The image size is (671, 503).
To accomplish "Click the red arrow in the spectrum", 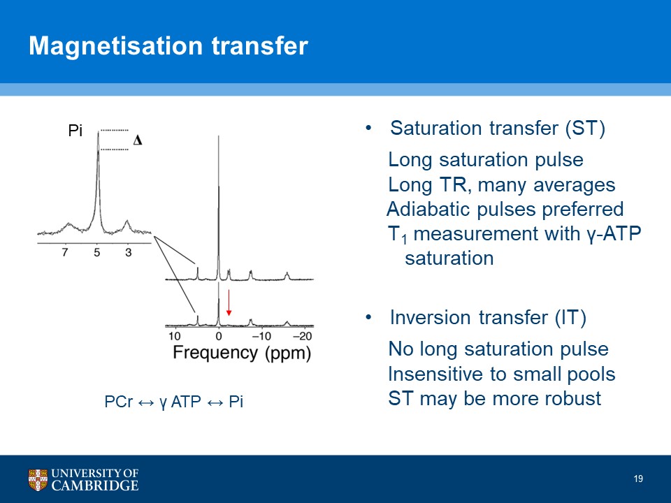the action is tap(229, 302).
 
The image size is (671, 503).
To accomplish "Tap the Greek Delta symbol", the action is tap(138, 140).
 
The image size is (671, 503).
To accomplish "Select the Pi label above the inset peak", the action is tap(75, 131).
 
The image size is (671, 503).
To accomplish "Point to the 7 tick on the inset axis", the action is tap(65, 252).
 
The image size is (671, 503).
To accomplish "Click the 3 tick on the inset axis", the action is tap(129, 252).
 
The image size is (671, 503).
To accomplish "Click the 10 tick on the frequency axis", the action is tap(175, 336).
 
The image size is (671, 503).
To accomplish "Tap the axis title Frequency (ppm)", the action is tap(242, 353).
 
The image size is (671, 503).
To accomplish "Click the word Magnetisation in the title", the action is tap(115, 46).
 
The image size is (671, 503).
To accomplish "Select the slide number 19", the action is tap(638, 479).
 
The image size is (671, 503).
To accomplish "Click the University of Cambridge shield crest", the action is tap(38, 479).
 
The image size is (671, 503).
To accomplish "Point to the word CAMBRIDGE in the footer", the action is tap(95, 486).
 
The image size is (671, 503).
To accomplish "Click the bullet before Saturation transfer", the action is tap(368, 128).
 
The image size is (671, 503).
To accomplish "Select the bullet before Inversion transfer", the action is tap(368, 317).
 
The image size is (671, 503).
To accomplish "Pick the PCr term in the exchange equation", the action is tap(119, 402).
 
